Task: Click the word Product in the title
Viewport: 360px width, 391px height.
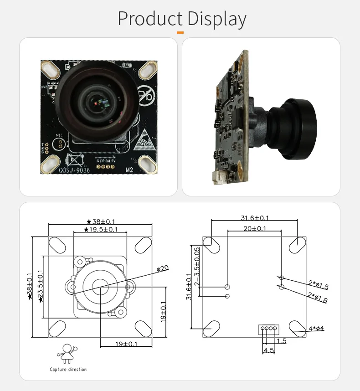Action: [x=150, y=19]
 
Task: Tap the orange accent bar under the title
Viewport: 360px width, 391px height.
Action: [x=180, y=32]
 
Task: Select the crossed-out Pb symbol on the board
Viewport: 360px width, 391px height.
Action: [x=146, y=97]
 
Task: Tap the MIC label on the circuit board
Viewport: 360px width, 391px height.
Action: [x=57, y=135]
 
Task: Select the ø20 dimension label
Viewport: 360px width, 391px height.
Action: [x=163, y=268]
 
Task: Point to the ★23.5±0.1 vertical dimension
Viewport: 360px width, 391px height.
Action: [x=41, y=286]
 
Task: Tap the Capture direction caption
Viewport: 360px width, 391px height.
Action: [x=68, y=369]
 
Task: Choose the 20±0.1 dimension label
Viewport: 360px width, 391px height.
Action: [x=255, y=228]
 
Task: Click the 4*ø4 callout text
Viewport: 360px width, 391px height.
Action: [x=316, y=328]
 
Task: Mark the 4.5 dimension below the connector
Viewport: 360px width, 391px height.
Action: [x=268, y=350]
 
